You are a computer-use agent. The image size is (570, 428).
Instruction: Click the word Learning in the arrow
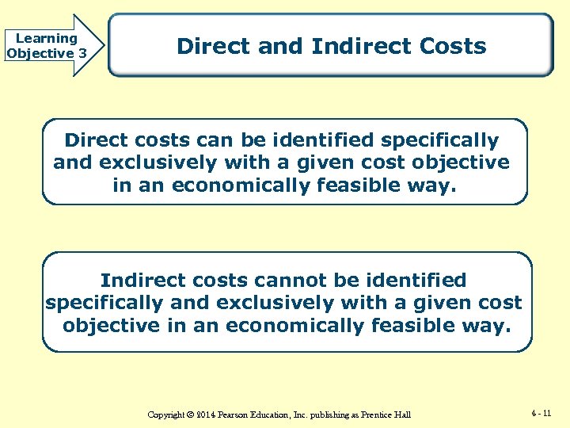[x=47, y=38]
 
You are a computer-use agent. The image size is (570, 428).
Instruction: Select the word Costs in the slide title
[x=454, y=46]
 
